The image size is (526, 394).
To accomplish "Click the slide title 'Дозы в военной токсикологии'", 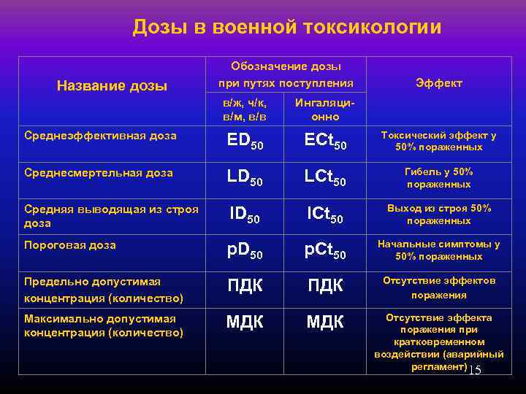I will pyautogui.click(x=287, y=28).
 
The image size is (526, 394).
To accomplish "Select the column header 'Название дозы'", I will pyautogui.click(x=112, y=86).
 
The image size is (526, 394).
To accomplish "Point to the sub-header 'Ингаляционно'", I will pyautogui.click(x=325, y=110).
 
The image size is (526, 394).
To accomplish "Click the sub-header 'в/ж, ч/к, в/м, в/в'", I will pyautogui.click(x=244, y=110).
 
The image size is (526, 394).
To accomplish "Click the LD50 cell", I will pyautogui.click(x=245, y=178).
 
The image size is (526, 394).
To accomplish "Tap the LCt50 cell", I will pyautogui.click(x=325, y=178).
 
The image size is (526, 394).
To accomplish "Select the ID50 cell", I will pyautogui.click(x=245, y=215).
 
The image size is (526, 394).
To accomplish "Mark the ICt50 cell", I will pyautogui.click(x=325, y=215).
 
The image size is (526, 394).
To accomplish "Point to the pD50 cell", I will pyautogui.click(x=245, y=251).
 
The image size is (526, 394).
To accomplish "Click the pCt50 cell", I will pyautogui.click(x=325, y=251).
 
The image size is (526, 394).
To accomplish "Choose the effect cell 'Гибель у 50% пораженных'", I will pyautogui.click(x=438, y=178).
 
